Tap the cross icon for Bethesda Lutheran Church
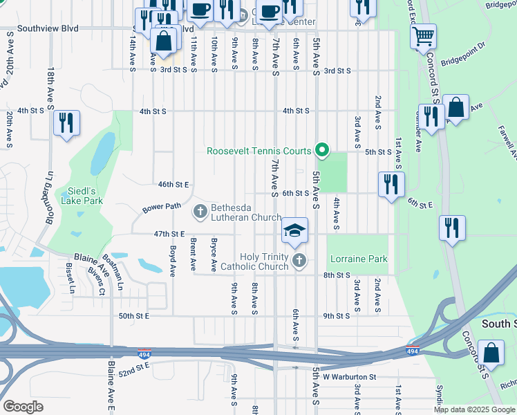[x=200, y=211]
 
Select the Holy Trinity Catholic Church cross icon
[x=299, y=261]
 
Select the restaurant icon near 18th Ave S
[x=66, y=123]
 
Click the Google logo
[x=22, y=406]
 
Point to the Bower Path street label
[x=162, y=207]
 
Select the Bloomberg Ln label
[x=49, y=193]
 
